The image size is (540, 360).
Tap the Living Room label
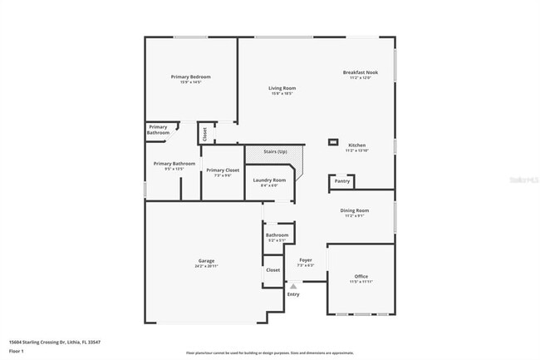[282, 88]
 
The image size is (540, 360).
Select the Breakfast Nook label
[361, 73]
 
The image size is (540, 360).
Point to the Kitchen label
[356, 145]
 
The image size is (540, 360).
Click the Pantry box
[342, 180]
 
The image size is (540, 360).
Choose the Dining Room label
[354, 211]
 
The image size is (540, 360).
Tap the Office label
[361, 277]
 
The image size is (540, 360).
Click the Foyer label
[305, 260]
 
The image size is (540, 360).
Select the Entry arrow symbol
[292, 285]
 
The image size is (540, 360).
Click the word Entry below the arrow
[293, 294]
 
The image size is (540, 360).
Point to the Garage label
[206, 261]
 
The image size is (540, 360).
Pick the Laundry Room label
[269, 180]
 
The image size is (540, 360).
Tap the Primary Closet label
[222, 170]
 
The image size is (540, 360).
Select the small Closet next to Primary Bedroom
[204, 132]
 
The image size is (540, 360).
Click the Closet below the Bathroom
[272, 270]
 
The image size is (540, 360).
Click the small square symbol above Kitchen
[333, 141]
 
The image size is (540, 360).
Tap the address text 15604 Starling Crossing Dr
[45, 342]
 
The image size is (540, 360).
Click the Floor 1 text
[17, 352]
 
